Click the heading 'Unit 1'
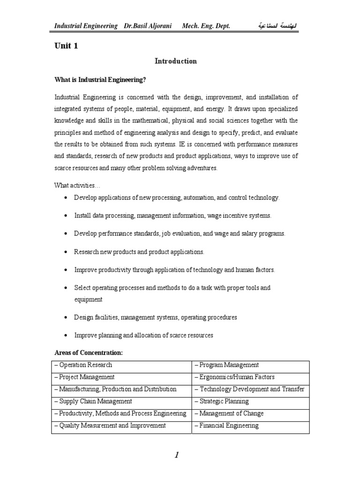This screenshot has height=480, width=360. (65, 45)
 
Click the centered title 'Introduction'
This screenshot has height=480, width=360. (176, 61)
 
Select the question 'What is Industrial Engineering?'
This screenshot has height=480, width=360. (100, 80)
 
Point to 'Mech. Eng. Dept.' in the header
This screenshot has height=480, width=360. (206, 26)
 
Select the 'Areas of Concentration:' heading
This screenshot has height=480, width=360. (89, 352)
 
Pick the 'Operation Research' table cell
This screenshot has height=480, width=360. (84, 365)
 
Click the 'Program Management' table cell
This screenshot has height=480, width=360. (227, 365)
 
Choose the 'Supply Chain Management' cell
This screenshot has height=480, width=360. (94, 402)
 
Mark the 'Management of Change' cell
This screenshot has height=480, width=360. (230, 414)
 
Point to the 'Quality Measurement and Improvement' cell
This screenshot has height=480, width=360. (111, 426)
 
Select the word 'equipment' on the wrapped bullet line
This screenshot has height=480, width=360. (88, 300)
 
